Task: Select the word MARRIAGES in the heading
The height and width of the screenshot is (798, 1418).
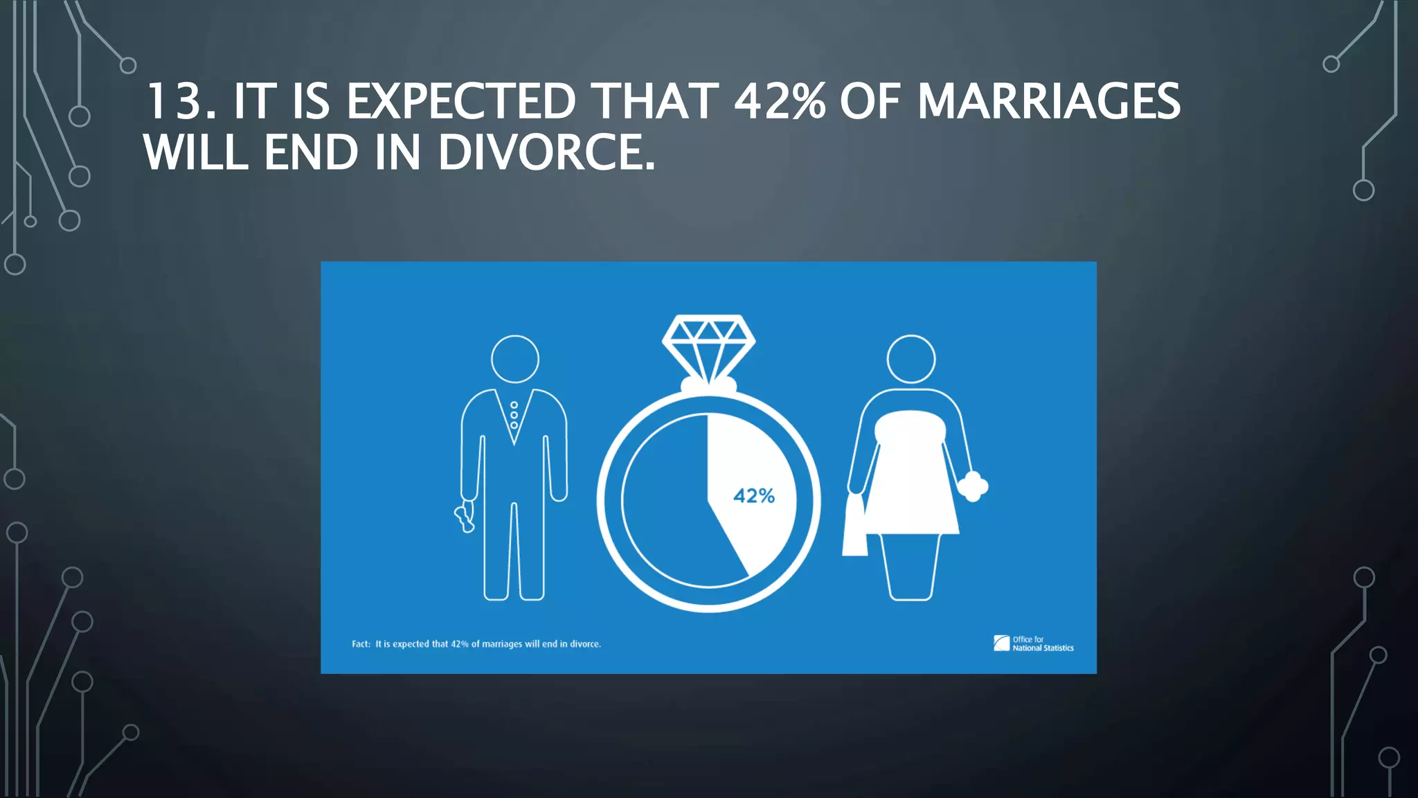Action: click(x=1048, y=102)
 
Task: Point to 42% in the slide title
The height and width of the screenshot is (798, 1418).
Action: click(x=780, y=102)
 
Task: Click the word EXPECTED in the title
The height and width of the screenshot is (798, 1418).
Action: click(x=460, y=102)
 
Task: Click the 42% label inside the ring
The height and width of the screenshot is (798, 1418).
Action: click(x=753, y=496)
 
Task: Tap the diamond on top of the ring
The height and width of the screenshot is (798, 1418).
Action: click(x=708, y=346)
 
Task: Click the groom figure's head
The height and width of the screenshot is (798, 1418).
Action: click(x=514, y=359)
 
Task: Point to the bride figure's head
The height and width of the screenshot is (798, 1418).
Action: click(x=910, y=359)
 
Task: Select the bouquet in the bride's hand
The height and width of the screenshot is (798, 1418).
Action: click(x=973, y=486)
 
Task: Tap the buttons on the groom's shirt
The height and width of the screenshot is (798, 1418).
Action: click(x=514, y=415)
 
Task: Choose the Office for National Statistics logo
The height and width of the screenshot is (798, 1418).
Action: click(x=1033, y=644)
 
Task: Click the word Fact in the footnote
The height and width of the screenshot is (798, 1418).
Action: click(x=360, y=644)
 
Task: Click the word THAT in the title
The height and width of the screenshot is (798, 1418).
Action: click(x=654, y=102)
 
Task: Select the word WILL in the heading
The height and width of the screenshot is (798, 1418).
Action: click(x=195, y=152)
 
